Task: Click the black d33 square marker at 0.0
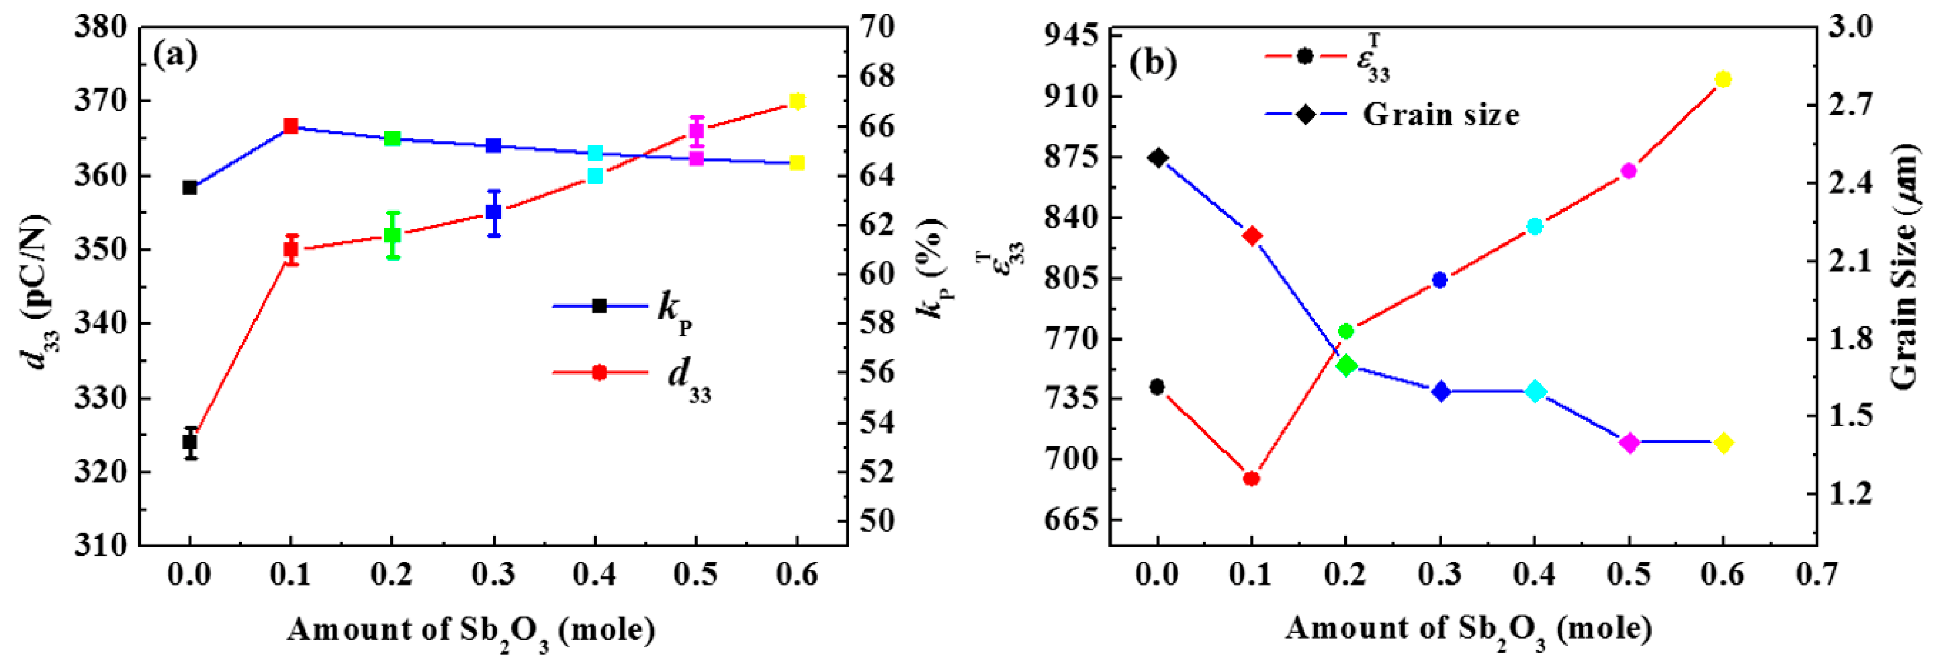pos(190,442)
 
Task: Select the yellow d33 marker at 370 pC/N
pos(798,101)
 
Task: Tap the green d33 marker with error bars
pos(392,235)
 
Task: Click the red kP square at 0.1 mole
pos(291,125)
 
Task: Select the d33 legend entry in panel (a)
pos(632,373)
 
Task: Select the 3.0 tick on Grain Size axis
pos(1865,27)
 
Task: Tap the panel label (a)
pos(175,55)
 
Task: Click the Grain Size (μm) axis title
pos(1905,267)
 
